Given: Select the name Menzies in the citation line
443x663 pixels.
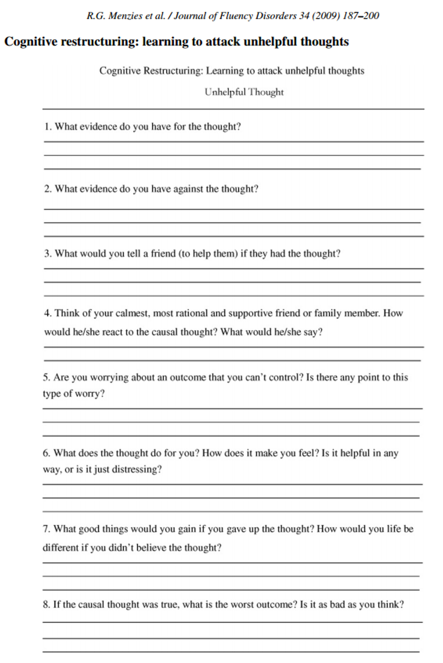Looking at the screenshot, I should (x=125, y=16).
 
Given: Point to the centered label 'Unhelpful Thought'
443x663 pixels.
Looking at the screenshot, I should (x=244, y=92).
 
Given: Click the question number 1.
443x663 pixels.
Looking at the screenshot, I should (x=47, y=127).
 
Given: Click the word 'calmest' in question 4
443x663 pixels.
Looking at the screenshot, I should (x=133, y=313).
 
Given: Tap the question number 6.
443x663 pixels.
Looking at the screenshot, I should (x=47, y=453).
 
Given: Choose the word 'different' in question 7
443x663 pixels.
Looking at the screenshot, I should (x=60, y=548).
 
